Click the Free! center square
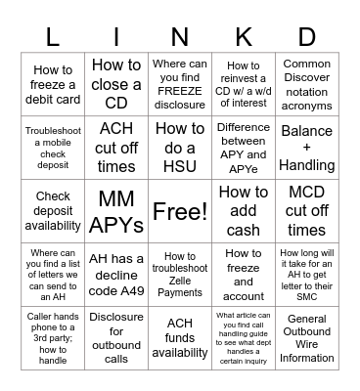coord(180,211)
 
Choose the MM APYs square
coord(116,212)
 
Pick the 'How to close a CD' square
coord(116,85)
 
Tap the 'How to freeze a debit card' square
coord(53,85)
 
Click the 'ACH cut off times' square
coord(116,149)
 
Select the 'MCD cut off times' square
coord(306,212)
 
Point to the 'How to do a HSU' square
coord(180,149)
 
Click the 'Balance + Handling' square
coord(306,149)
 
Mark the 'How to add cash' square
coord(244,212)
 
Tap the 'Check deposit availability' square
coord(53,212)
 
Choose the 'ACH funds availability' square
coord(180,338)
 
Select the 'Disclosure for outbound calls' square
coord(116,338)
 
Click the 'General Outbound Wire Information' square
coord(306,338)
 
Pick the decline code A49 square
coord(116,275)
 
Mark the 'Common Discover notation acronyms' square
coord(306,85)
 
